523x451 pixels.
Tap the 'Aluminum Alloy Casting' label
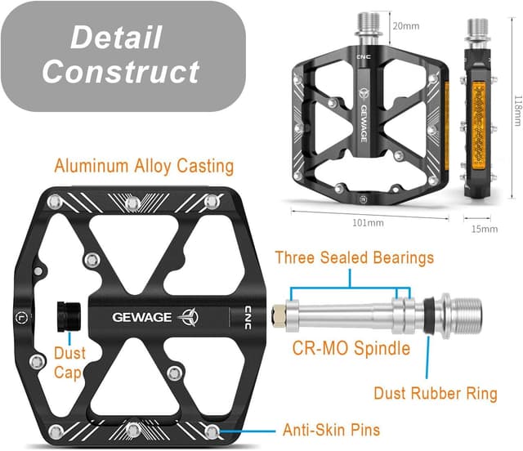[144, 167]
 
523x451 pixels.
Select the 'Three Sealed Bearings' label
[354, 258]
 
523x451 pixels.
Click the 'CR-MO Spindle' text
[351, 349]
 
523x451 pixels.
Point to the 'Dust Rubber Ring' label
[436, 393]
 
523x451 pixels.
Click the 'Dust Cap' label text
[69, 363]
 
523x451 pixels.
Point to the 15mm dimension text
[485, 229]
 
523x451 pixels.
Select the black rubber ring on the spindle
[427, 314]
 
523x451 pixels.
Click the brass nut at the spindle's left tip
[279, 313]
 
